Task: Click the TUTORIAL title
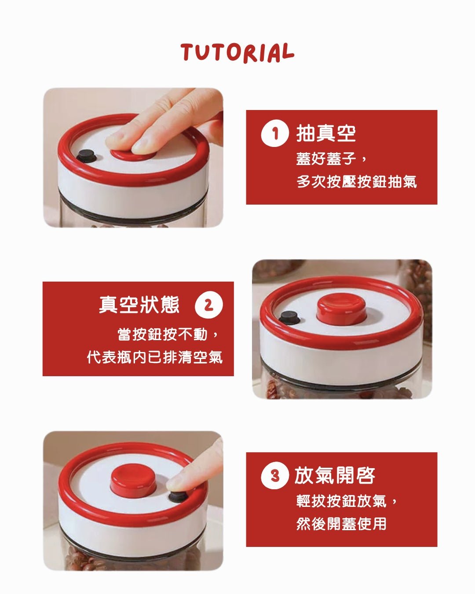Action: click(237, 52)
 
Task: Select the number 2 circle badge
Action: click(208, 305)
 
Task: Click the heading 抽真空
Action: click(326, 133)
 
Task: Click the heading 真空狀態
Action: click(139, 305)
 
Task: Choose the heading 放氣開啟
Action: click(334, 476)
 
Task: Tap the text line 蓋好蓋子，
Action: click(332, 158)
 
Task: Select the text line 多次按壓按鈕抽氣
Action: click(356, 181)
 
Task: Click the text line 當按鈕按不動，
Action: click(168, 334)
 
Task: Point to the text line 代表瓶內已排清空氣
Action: click(155, 357)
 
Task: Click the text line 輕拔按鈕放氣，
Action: click(347, 501)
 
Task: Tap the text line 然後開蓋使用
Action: click(341, 524)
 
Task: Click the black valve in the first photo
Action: click(86, 156)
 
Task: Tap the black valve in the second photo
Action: click(288, 316)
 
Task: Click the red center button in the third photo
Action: click(133, 480)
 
